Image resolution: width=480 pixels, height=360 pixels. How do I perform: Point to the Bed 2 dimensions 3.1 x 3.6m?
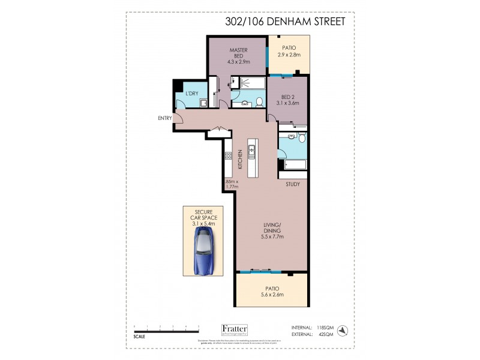287,103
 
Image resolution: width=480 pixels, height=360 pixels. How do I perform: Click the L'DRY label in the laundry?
192,94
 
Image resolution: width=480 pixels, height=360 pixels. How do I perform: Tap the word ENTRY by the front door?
165,118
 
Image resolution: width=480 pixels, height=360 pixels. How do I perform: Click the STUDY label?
292,184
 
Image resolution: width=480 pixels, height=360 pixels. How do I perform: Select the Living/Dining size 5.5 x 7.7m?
272,236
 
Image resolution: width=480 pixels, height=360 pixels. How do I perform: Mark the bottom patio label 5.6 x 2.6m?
272,295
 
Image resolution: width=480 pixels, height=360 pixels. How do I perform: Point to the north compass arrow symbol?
342,329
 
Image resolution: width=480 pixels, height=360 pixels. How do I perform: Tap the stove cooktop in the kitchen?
229,156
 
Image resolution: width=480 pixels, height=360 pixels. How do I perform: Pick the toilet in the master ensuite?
259,101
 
